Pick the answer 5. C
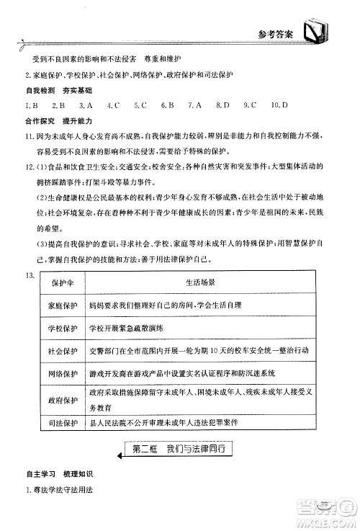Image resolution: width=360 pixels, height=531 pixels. coord(140,104)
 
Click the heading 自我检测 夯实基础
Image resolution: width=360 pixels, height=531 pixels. coord(54,91)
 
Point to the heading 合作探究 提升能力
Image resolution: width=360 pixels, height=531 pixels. coord(54,120)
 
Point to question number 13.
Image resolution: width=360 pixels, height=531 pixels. coord(30,277)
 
